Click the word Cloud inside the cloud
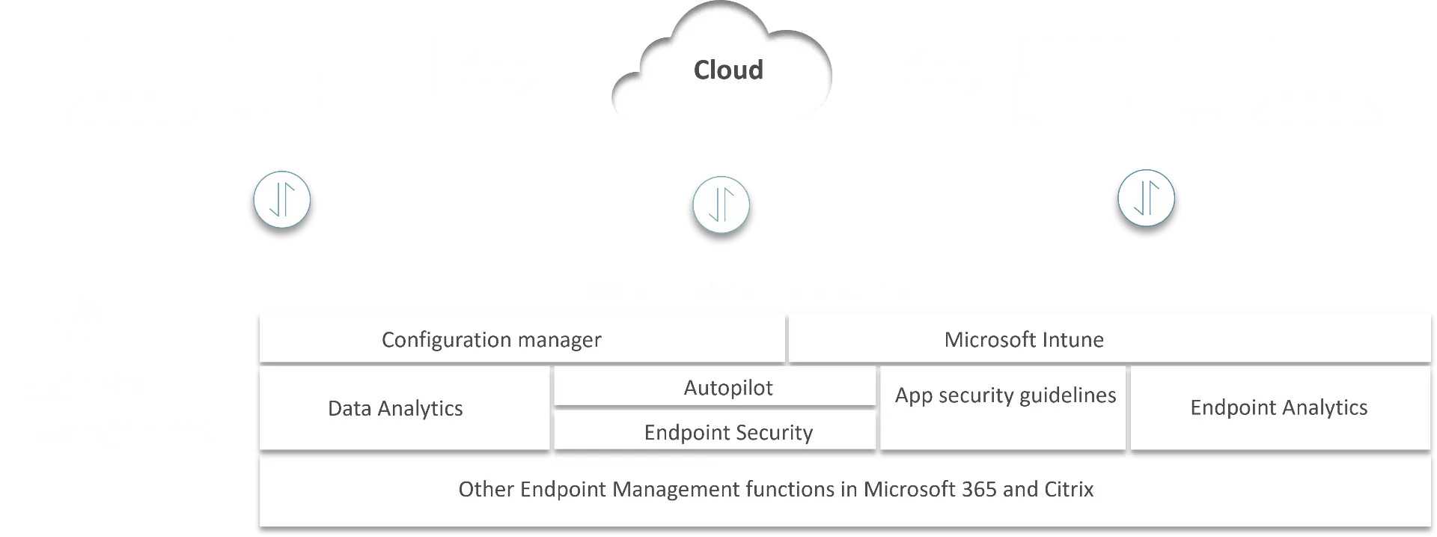click(x=728, y=70)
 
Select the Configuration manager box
click(x=491, y=339)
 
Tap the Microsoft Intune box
click(x=1023, y=339)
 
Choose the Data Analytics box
click(x=395, y=408)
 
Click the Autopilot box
click(x=727, y=387)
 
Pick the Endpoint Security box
click(x=727, y=432)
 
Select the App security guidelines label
click(x=1005, y=395)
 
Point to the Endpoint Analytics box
click(x=1278, y=407)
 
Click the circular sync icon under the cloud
click(x=721, y=204)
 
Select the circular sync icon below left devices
click(x=282, y=199)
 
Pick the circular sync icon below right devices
click(x=1146, y=199)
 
